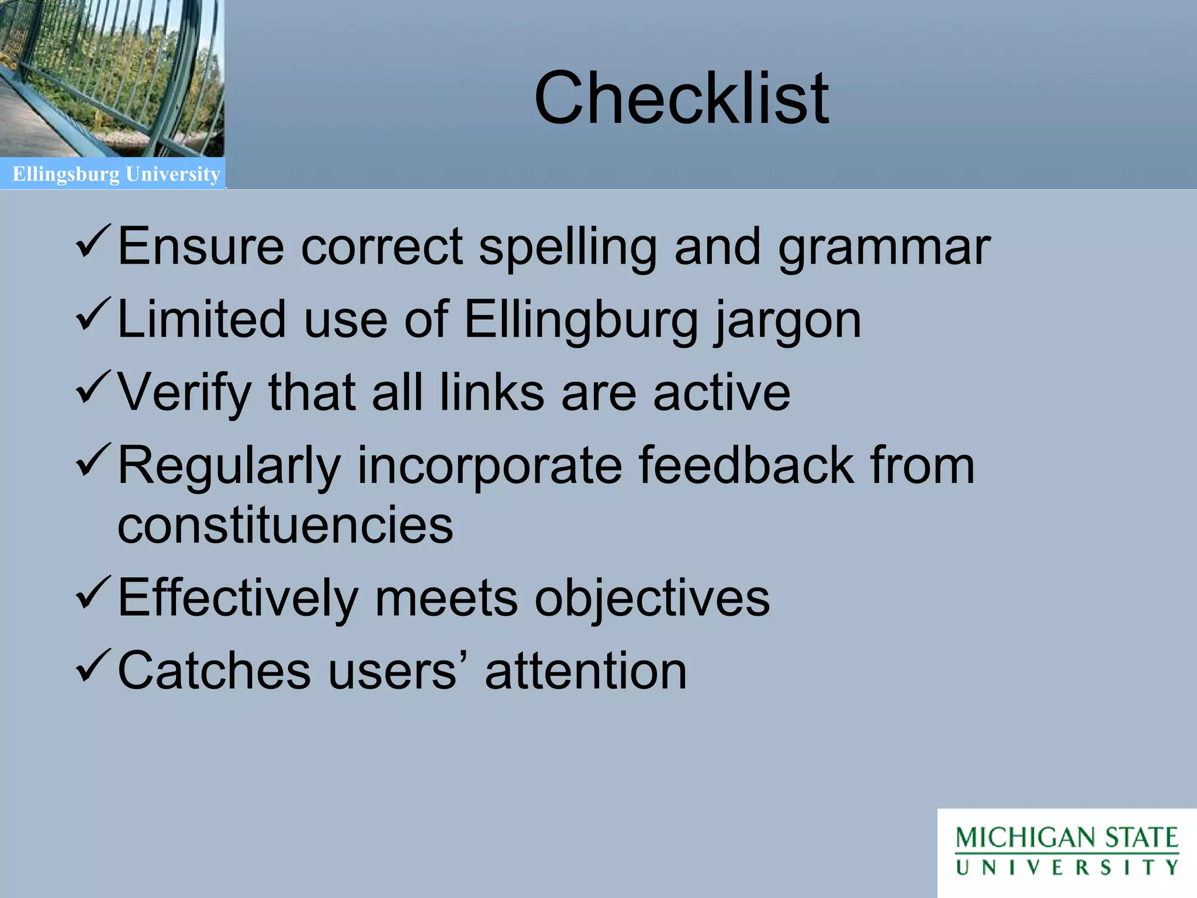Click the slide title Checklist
[681, 98]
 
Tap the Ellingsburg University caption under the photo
[116, 174]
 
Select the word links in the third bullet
[492, 392]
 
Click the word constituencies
[285, 524]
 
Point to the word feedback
[746, 465]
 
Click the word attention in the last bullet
[586, 671]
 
